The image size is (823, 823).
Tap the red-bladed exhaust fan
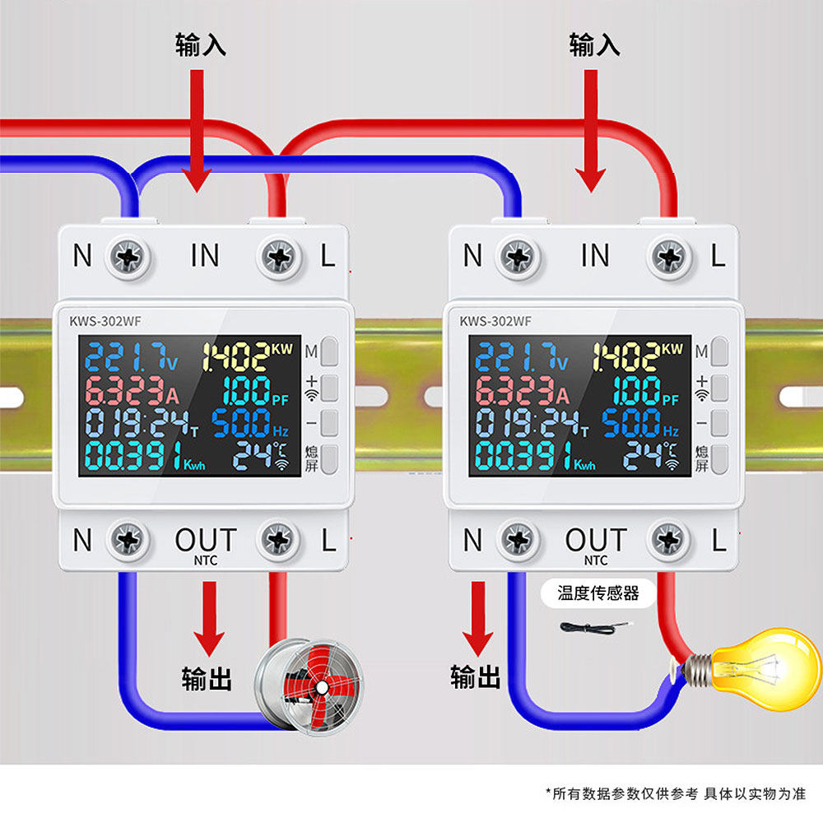(309, 686)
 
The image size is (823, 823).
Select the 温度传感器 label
(597, 593)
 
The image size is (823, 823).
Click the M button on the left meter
(329, 351)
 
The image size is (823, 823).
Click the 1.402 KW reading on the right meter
(638, 356)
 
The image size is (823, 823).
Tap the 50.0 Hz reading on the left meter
(250, 423)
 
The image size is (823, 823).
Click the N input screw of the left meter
(128, 257)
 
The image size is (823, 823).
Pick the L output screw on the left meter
(279, 540)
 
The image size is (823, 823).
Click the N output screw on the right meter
(518, 540)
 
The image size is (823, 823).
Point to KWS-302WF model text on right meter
(495, 321)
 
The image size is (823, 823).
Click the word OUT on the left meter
(206, 540)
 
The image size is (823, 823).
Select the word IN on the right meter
(595, 256)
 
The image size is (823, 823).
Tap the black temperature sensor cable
(596, 627)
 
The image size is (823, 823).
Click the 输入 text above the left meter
(201, 44)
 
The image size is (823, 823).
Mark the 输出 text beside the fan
(207, 678)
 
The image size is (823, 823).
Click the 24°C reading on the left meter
(261, 454)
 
